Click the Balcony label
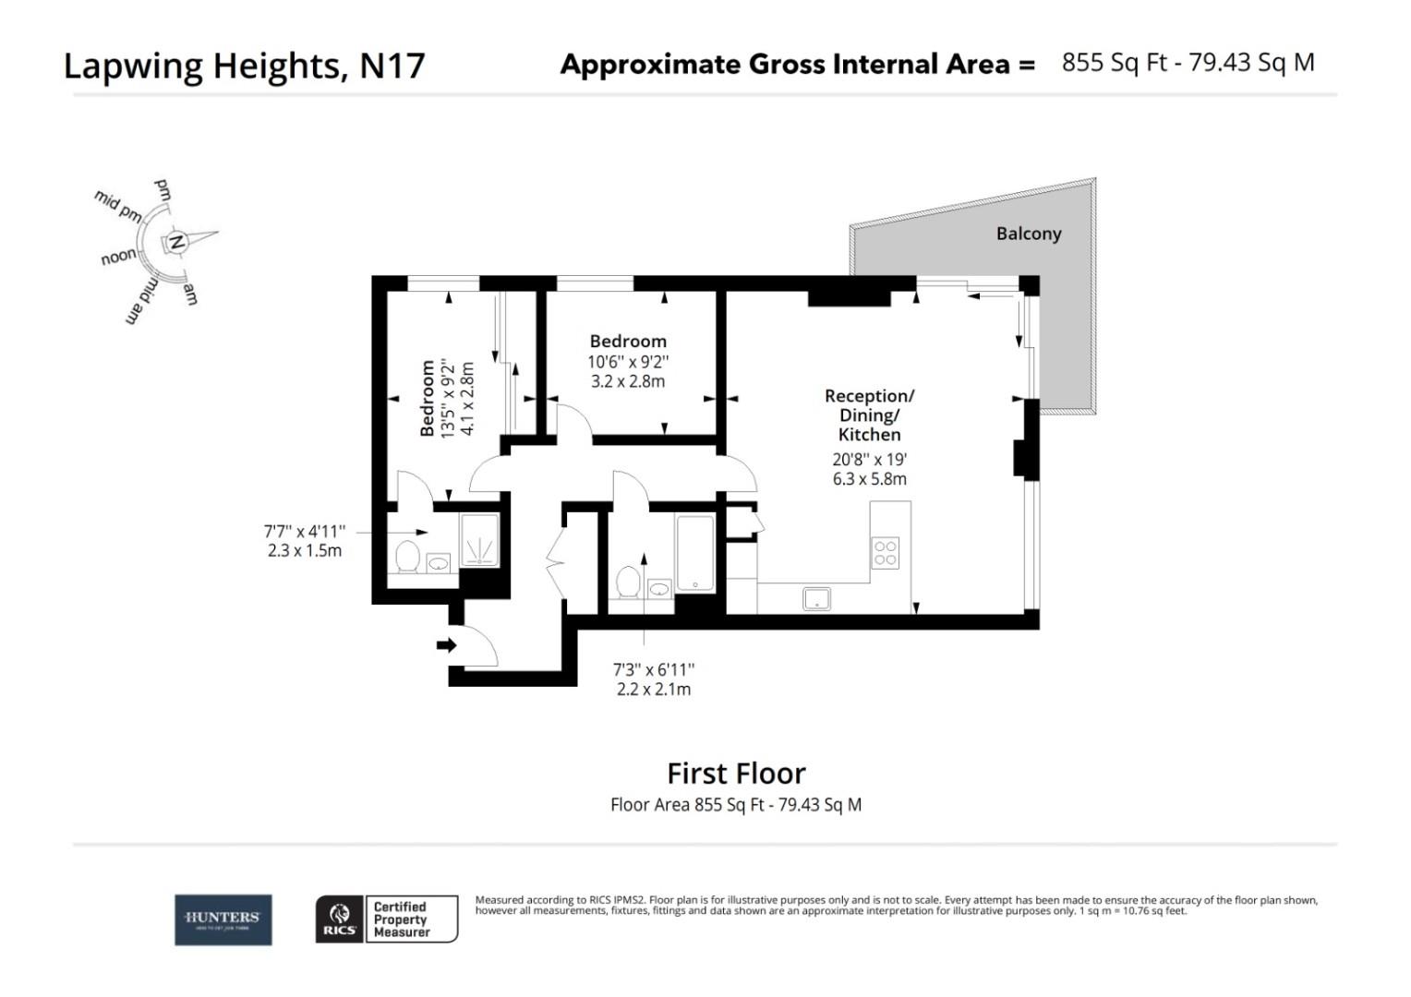click(1028, 234)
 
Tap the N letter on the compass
click(177, 243)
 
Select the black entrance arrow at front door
click(447, 644)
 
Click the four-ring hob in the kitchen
click(885, 552)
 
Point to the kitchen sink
click(816, 599)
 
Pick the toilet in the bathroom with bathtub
click(628, 582)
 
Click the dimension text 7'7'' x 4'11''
click(305, 531)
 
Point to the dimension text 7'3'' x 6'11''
click(653, 669)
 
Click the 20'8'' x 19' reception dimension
click(869, 459)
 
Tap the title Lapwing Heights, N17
click(244, 66)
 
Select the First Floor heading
click(736, 773)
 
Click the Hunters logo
click(223, 919)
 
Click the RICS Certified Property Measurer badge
click(387, 919)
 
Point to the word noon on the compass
click(118, 258)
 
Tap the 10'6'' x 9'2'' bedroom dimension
click(628, 362)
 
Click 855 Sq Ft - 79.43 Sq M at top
click(1188, 63)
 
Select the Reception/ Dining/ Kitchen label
click(869, 414)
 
